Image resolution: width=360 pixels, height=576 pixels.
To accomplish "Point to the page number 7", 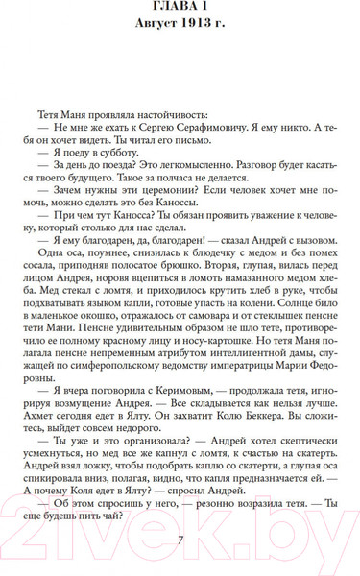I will [x=180, y=540].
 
